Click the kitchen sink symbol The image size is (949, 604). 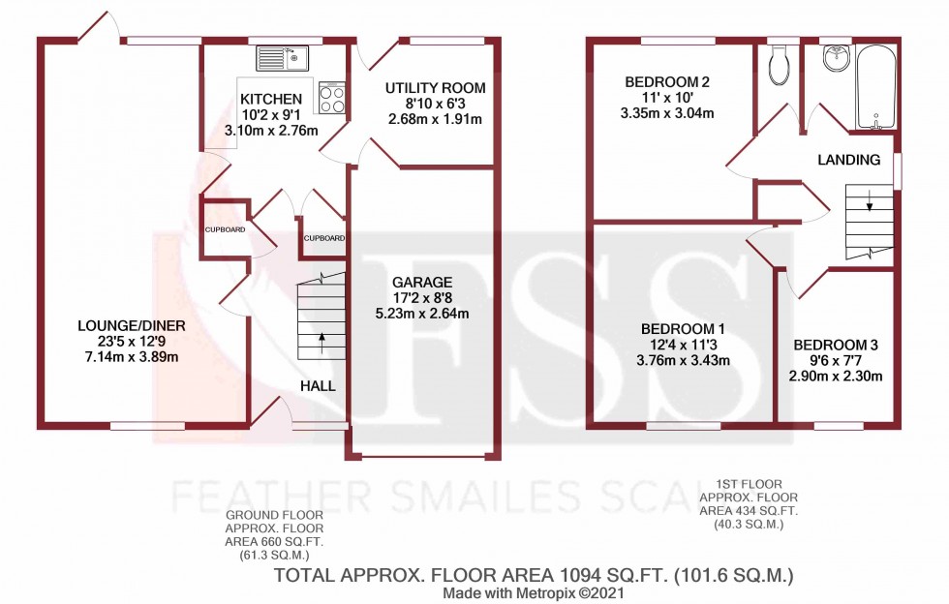(x=281, y=59)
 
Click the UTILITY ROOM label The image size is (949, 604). (x=435, y=89)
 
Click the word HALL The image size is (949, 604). (x=318, y=385)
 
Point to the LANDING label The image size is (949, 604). (x=847, y=160)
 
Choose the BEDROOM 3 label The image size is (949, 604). (x=835, y=345)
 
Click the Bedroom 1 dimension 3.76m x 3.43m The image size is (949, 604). (x=682, y=361)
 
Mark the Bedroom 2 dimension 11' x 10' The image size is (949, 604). (x=667, y=97)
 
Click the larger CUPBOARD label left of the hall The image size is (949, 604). (x=224, y=229)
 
